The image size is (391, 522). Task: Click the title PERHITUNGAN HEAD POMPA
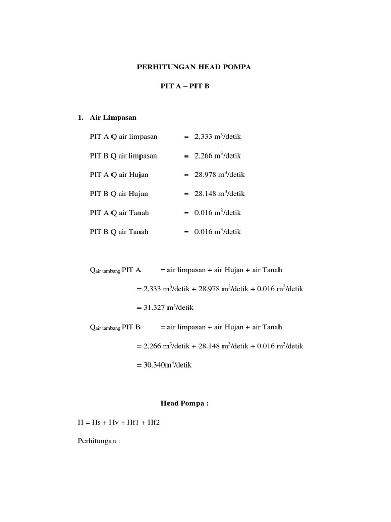[195, 67]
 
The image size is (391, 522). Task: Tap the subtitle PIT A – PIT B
[185, 86]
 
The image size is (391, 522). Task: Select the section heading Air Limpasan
[113, 117]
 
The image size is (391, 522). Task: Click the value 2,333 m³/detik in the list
[217, 137]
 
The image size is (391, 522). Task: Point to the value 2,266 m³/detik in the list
[217, 155]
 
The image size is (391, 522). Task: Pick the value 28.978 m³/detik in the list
[219, 175]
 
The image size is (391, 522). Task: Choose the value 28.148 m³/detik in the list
[219, 194]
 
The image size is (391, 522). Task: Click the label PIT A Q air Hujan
[119, 175]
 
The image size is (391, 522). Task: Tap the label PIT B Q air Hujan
[119, 194]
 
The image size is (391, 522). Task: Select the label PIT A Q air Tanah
[119, 213]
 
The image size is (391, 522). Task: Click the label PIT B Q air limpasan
[124, 155]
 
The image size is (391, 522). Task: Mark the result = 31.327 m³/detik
[165, 308]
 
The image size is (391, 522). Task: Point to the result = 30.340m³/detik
[164, 365]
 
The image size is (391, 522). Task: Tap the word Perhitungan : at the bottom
[98, 441]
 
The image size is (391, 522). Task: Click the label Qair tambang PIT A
[116, 270]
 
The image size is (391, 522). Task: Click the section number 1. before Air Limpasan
[80, 117]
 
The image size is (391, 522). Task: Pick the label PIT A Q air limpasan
[124, 137]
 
